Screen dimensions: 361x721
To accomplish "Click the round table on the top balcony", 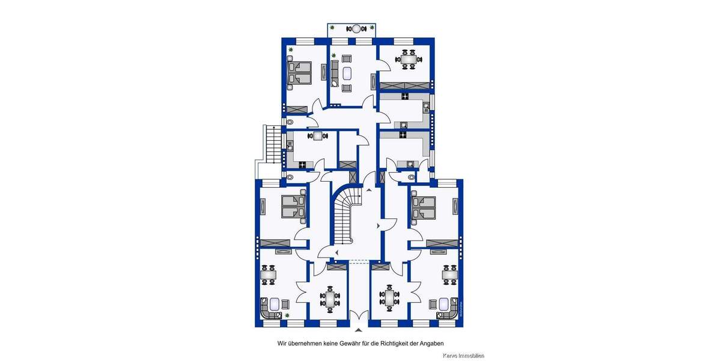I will point(356,28).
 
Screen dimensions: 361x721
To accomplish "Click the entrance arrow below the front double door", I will point(359,330).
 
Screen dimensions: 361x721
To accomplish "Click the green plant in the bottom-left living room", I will point(287,315).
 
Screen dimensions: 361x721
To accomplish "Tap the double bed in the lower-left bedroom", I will point(294,206).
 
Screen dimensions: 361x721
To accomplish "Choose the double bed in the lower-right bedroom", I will point(424,206).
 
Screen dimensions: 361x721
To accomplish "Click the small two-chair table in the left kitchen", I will point(318,136).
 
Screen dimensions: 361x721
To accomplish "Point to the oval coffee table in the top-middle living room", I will point(347,74).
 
